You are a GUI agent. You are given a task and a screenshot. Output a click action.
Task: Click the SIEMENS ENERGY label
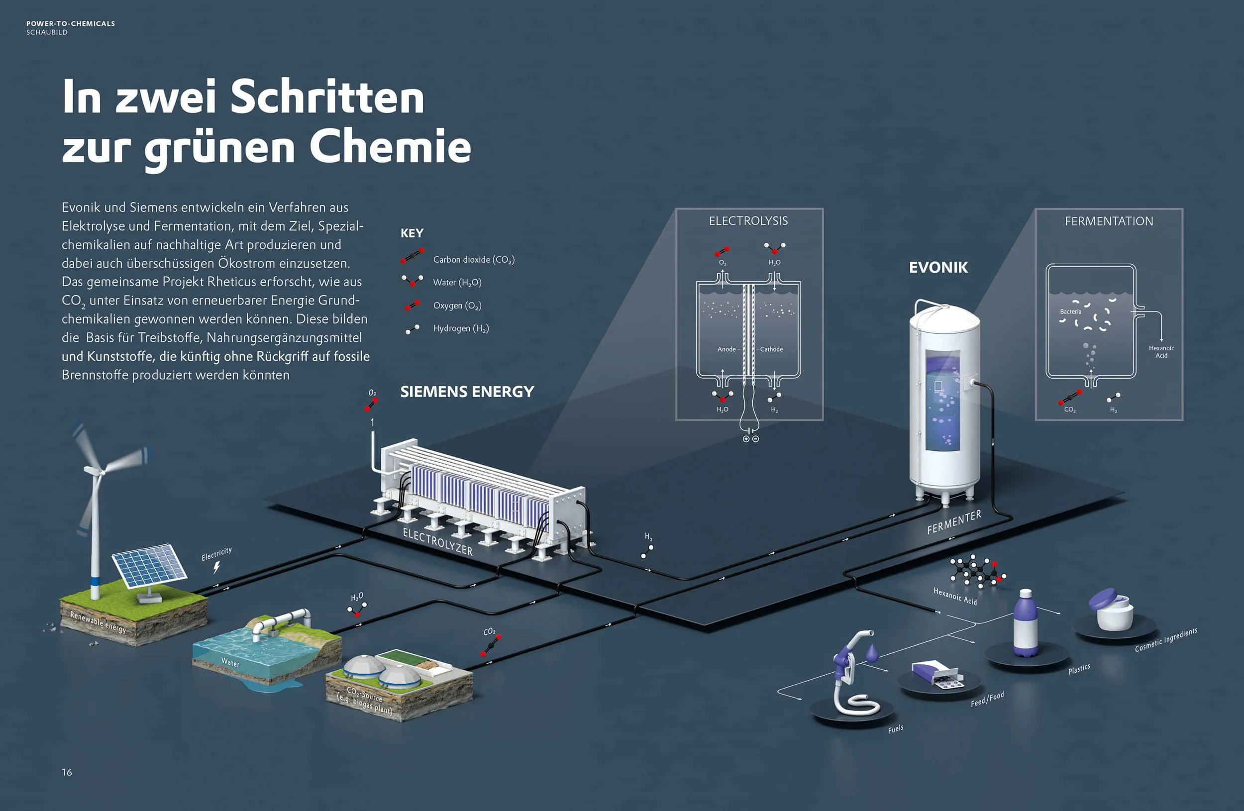pos(467,392)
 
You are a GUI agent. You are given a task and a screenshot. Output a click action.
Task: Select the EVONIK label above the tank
pos(938,268)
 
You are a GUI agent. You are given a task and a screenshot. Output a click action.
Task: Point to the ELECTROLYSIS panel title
pos(748,221)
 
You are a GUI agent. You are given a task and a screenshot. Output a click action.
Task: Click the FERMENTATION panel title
pos(1109,221)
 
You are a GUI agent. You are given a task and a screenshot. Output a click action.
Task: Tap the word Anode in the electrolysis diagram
pos(726,349)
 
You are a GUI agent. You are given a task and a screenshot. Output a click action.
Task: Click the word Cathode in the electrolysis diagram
pos(771,349)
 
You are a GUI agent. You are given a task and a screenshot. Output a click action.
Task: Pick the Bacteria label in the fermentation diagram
pos(1070,312)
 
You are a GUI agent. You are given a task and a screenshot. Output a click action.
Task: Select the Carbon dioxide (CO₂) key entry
pos(473,260)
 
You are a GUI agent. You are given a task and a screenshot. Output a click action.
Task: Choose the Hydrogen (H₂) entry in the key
pos(460,328)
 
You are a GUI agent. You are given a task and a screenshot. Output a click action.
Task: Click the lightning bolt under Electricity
pos(216,567)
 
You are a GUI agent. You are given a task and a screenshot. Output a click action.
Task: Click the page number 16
pos(67,772)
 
